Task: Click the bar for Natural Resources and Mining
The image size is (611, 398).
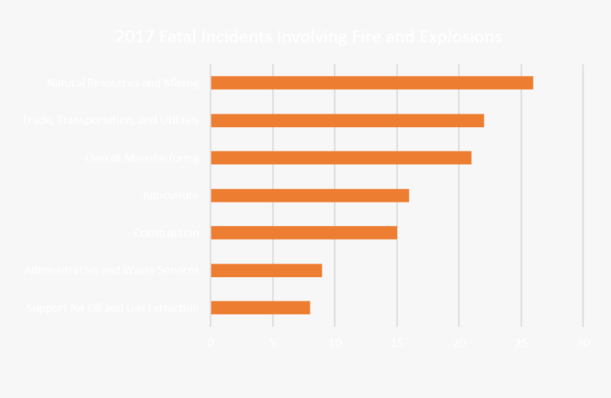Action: click(x=372, y=83)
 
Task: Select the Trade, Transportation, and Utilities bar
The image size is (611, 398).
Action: click(x=347, y=121)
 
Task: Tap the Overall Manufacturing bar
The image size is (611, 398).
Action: click(x=341, y=158)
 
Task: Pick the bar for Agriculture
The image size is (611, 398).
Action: click(x=310, y=195)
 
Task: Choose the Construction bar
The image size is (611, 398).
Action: click(x=303, y=232)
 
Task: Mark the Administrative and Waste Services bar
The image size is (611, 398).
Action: click(x=266, y=270)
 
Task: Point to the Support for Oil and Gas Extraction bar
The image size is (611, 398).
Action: click(x=260, y=308)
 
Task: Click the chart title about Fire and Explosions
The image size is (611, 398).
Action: click(x=308, y=37)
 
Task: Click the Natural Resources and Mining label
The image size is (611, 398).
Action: click(x=122, y=83)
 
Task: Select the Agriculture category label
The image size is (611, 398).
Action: click(x=171, y=195)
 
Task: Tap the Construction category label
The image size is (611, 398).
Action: click(x=166, y=232)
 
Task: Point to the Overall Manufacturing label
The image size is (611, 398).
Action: click(x=141, y=158)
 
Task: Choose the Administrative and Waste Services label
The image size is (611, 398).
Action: click(x=112, y=270)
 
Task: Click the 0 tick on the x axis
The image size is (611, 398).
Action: click(x=210, y=343)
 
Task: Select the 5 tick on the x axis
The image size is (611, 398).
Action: click(x=273, y=343)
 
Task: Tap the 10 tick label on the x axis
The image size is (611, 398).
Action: click(x=335, y=343)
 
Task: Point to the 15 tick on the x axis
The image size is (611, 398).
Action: click(x=396, y=343)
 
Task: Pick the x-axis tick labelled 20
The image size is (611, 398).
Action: click(x=459, y=343)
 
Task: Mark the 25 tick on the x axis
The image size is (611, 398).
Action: click(x=521, y=343)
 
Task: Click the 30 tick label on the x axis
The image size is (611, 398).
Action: click(x=583, y=343)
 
